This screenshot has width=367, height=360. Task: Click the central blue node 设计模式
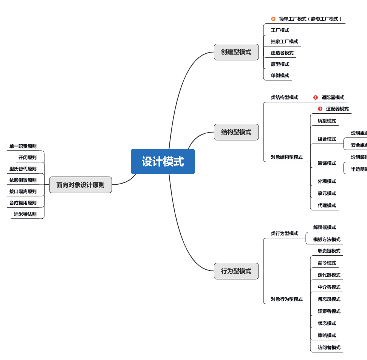click(x=163, y=161)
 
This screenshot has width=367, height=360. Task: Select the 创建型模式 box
click(x=236, y=52)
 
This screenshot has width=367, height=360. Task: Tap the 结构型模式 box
click(x=236, y=132)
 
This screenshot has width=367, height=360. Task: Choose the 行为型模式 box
click(x=236, y=271)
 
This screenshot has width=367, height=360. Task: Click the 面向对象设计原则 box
click(x=81, y=185)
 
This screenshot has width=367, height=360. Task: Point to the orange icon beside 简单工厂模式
click(x=273, y=19)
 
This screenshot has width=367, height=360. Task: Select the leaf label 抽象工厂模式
click(x=284, y=42)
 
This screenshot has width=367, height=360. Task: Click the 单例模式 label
click(x=280, y=76)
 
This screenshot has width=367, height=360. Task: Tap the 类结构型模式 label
click(x=284, y=97)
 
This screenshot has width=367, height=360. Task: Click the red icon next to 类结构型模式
click(x=316, y=97)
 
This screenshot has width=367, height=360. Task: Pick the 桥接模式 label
click(x=327, y=121)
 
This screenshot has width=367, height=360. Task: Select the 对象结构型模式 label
click(x=286, y=157)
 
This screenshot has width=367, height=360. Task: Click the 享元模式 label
click(x=327, y=193)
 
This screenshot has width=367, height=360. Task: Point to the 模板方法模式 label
click(x=327, y=239)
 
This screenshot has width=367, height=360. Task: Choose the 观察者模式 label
click(x=329, y=311)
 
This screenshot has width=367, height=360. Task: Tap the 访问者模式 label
click(x=329, y=348)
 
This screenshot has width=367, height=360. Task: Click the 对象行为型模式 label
click(x=286, y=299)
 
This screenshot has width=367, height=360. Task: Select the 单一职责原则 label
click(x=23, y=146)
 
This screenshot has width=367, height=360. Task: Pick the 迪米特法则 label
click(x=25, y=214)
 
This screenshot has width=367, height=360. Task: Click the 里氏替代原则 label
click(x=23, y=169)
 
